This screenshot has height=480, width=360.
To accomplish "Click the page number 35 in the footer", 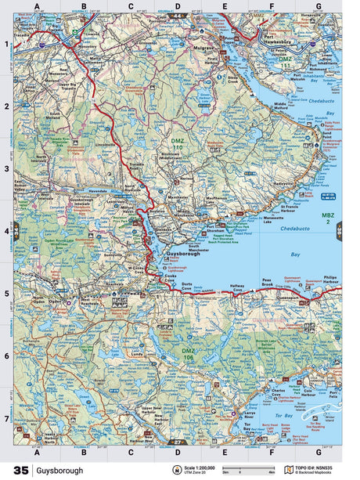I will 17,470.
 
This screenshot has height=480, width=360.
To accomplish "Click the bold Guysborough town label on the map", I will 185,254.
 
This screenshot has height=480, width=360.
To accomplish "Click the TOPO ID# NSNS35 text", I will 318,467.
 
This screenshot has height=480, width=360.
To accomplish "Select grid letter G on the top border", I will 318,7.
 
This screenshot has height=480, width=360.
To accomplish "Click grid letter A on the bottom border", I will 36,451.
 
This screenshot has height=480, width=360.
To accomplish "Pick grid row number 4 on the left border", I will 6,230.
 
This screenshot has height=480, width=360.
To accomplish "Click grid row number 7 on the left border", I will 6,418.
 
